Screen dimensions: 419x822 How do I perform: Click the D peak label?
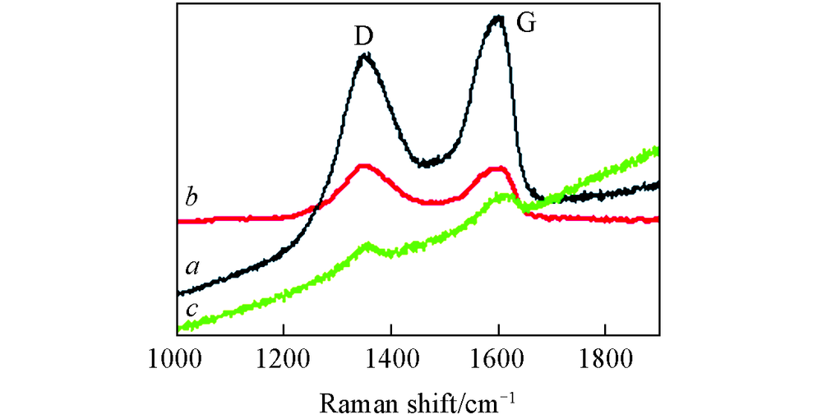(x=364, y=36)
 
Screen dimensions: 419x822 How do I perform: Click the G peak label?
(x=525, y=23)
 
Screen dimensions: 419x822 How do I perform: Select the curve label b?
(x=191, y=197)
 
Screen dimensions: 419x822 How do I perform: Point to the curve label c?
(x=191, y=309)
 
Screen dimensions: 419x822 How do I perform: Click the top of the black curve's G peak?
(x=496, y=17)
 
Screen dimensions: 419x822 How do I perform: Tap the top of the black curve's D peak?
(x=366, y=57)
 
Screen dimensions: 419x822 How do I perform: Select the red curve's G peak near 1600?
(x=496, y=169)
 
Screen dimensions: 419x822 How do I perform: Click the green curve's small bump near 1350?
(x=369, y=246)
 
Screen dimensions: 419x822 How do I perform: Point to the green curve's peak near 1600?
(x=501, y=196)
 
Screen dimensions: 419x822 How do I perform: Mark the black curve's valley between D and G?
(x=424, y=163)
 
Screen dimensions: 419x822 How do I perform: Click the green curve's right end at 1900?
(x=657, y=150)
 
